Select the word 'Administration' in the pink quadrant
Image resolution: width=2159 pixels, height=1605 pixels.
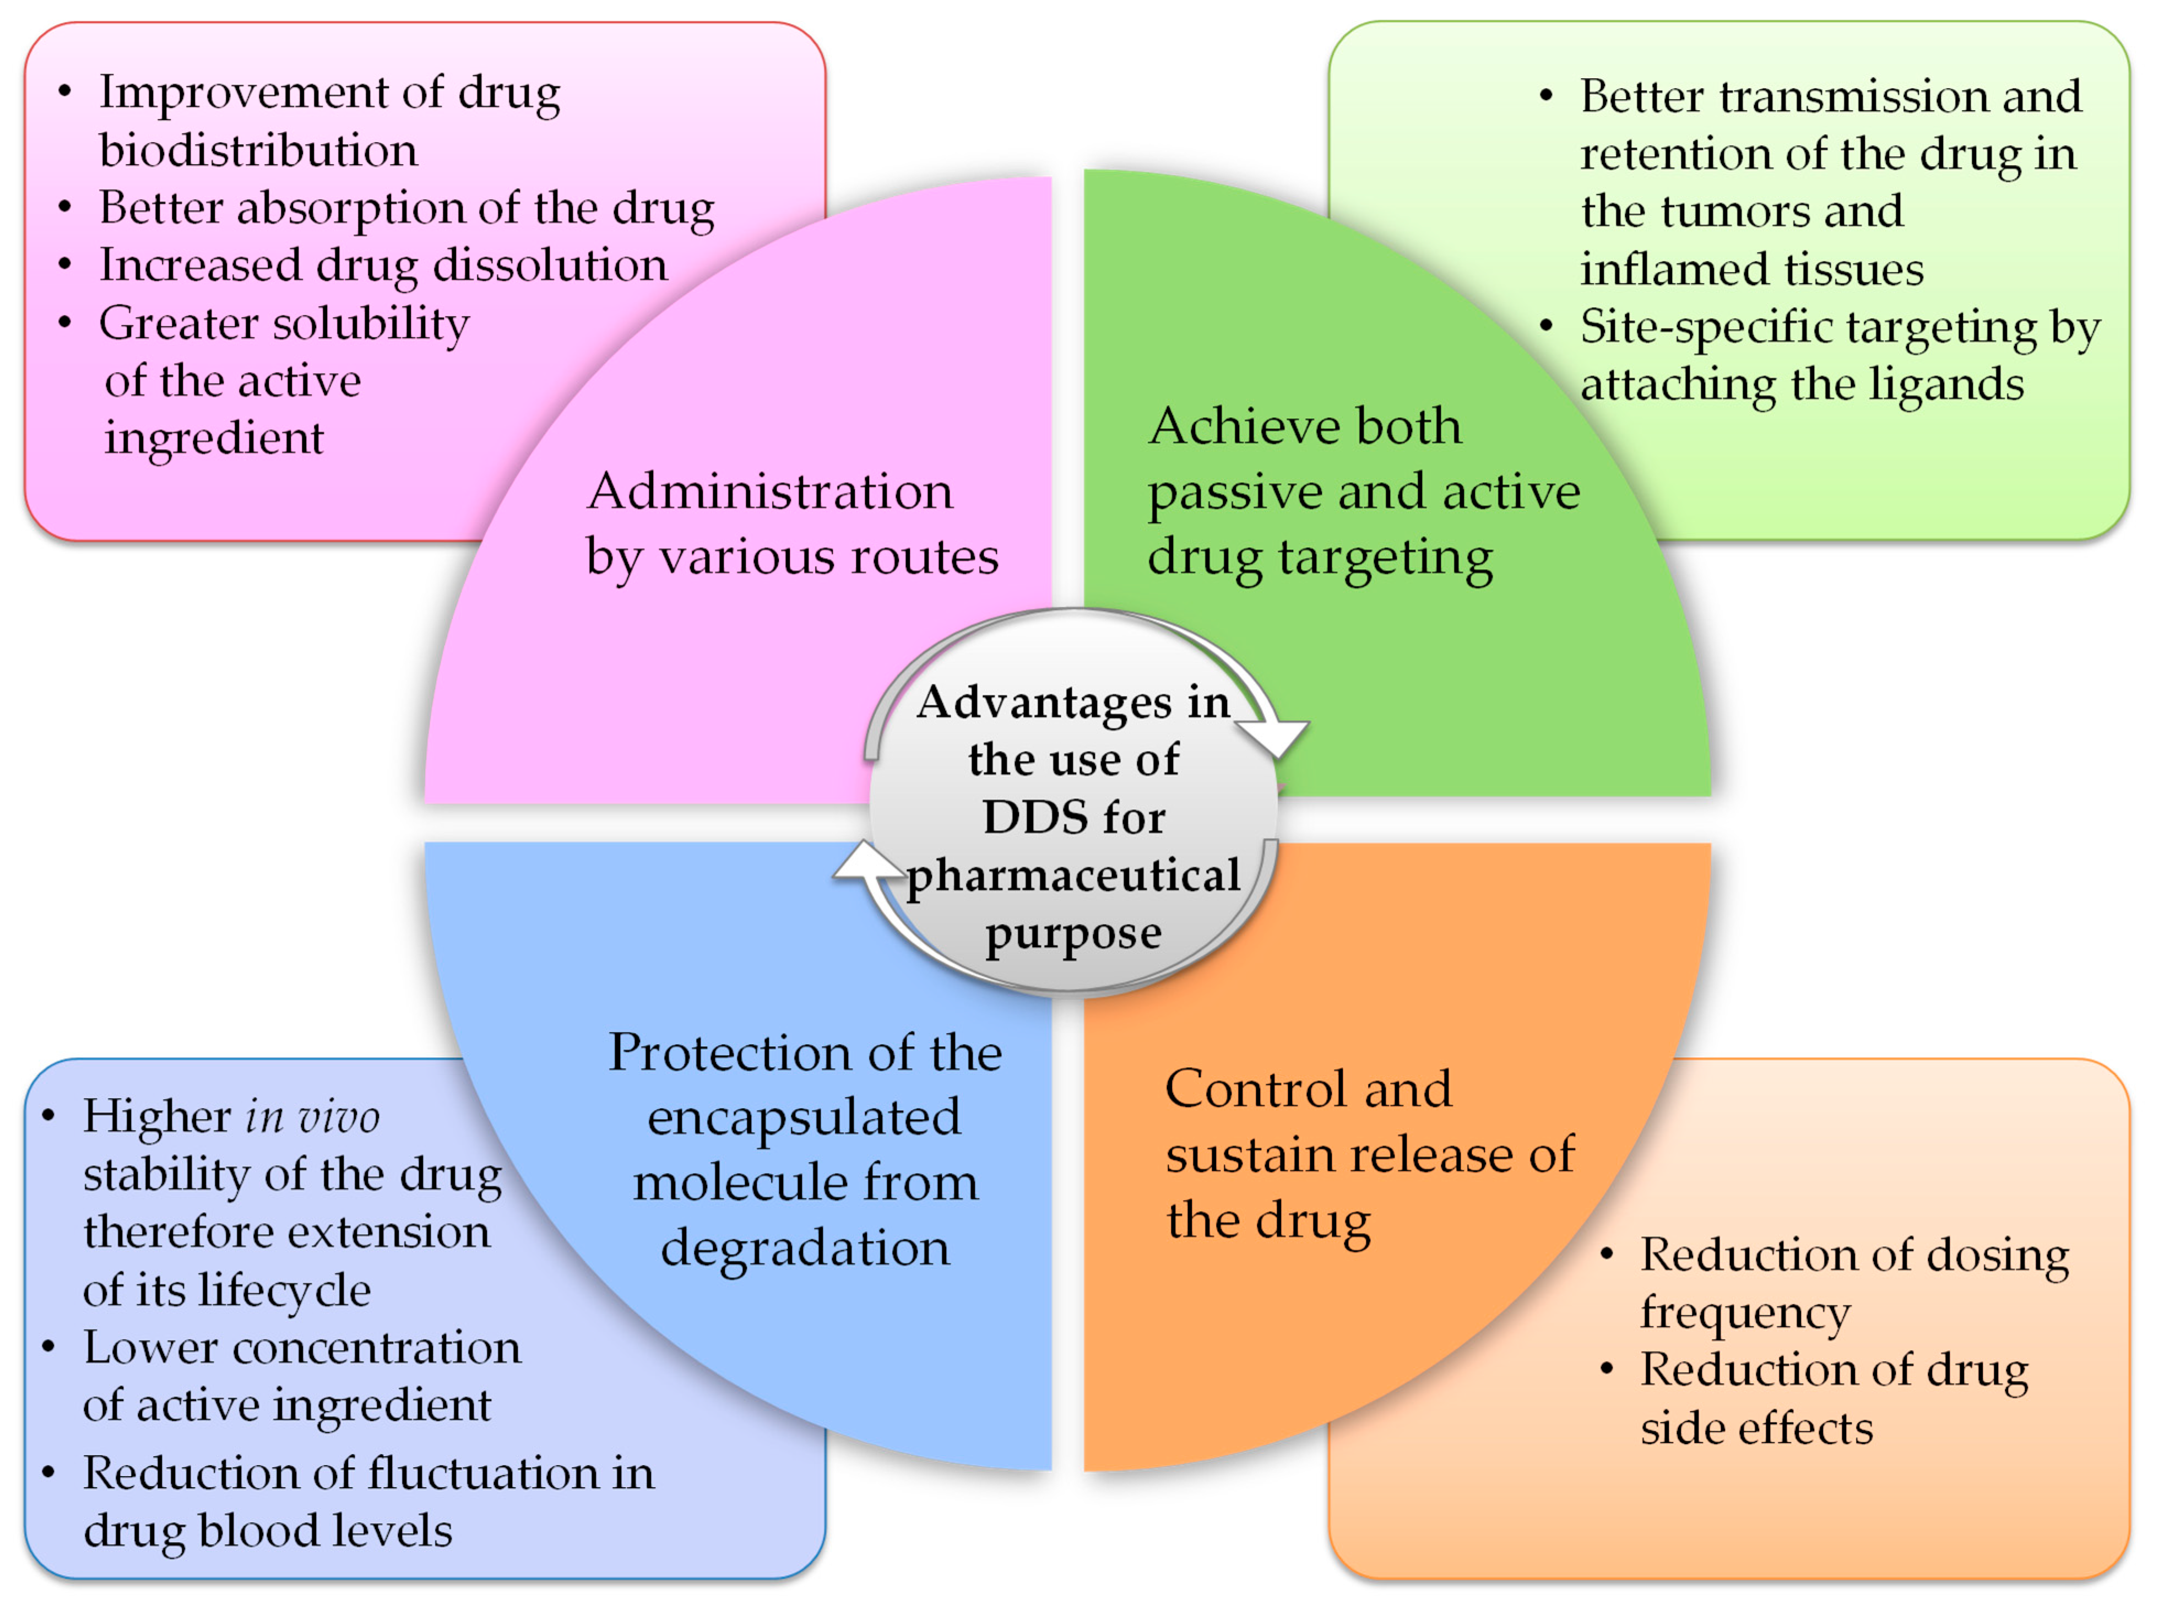(x=769, y=491)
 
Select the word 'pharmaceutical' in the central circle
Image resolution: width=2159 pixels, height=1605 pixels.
(x=1073, y=876)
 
